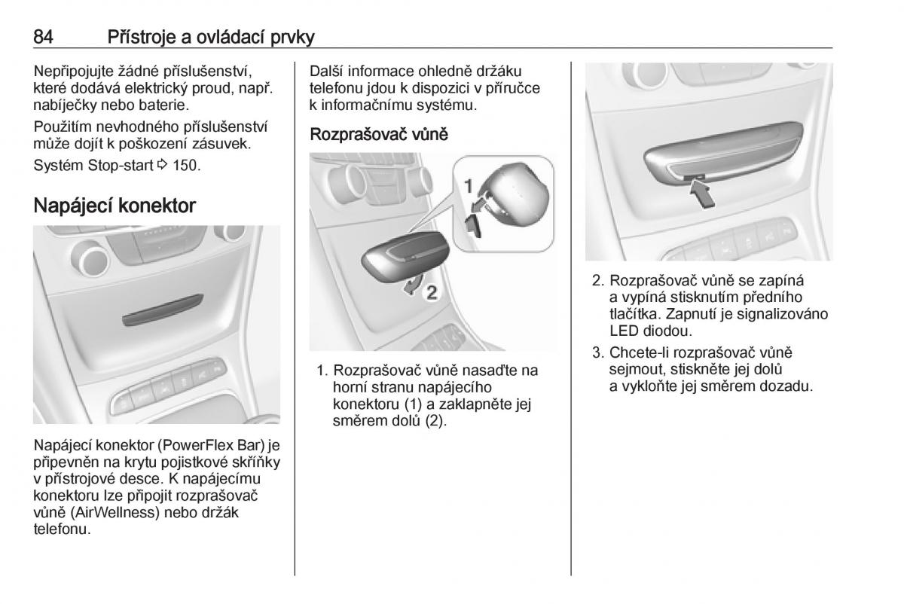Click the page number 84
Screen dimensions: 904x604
point(43,37)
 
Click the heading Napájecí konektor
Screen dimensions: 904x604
point(115,206)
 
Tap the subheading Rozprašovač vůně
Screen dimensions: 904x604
point(378,134)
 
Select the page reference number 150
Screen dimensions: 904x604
point(187,166)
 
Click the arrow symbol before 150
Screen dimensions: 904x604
point(162,165)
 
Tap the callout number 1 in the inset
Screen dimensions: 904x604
point(468,187)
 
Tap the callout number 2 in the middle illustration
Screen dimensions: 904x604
point(432,292)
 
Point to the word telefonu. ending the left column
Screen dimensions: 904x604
point(62,529)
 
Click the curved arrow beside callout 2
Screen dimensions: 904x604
point(414,285)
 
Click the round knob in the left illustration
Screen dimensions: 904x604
point(92,258)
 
